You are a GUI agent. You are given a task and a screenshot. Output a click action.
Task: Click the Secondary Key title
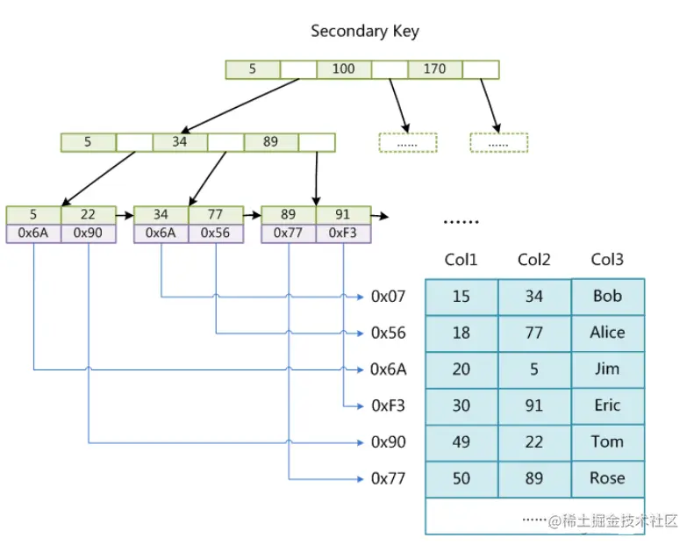pyautogui.click(x=365, y=32)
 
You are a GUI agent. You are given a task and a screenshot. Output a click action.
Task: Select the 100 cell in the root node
pyautogui.click(x=344, y=69)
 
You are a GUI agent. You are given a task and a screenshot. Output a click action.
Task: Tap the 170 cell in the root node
pyautogui.click(x=434, y=69)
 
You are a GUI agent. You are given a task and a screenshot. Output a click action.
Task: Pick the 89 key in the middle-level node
pyautogui.click(x=270, y=142)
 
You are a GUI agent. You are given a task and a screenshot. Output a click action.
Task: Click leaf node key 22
pyautogui.click(x=88, y=215)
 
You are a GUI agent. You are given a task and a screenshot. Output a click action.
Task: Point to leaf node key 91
pyautogui.click(x=342, y=215)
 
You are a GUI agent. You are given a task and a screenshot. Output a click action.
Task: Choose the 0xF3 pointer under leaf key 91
pyautogui.click(x=342, y=233)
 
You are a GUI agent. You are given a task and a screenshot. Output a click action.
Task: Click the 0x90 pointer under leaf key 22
pyautogui.click(x=88, y=233)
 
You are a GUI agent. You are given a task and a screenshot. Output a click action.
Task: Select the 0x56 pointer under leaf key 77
pyautogui.click(x=215, y=233)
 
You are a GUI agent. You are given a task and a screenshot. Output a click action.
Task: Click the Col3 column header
pyautogui.click(x=607, y=260)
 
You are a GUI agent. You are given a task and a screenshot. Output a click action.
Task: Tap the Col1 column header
pyautogui.click(x=461, y=260)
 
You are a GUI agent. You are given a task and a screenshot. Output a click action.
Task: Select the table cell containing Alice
pyautogui.click(x=607, y=333)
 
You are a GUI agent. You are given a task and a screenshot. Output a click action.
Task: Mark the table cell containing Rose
pyautogui.click(x=607, y=478)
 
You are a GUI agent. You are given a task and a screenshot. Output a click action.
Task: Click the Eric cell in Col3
pyautogui.click(x=607, y=405)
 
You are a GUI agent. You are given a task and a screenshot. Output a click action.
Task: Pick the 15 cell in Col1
pyautogui.click(x=461, y=297)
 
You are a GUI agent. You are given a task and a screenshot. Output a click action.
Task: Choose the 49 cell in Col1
pyautogui.click(x=461, y=442)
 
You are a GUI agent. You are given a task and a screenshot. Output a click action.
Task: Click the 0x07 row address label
pyautogui.click(x=389, y=297)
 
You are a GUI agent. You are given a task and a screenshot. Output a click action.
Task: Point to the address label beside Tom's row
pyautogui.click(x=389, y=442)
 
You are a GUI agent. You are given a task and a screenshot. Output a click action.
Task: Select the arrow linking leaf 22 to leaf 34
pyautogui.click(x=125, y=214)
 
